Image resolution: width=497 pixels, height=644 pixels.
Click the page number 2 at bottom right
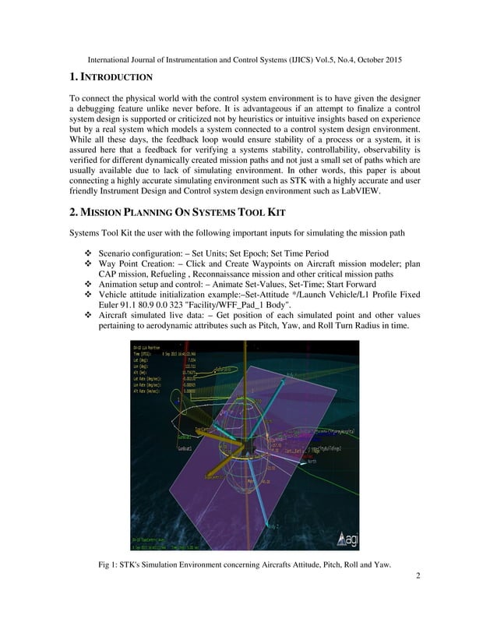click(x=418, y=576)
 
